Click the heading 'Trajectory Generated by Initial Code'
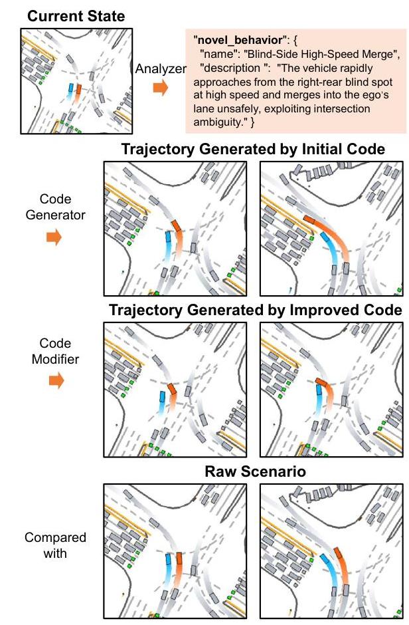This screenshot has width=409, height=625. click(253, 149)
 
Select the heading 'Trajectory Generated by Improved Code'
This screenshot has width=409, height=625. click(255, 311)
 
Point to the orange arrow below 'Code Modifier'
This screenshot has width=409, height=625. click(56, 380)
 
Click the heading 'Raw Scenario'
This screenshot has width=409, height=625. click(254, 473)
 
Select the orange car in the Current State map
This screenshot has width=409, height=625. click(78, 88)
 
